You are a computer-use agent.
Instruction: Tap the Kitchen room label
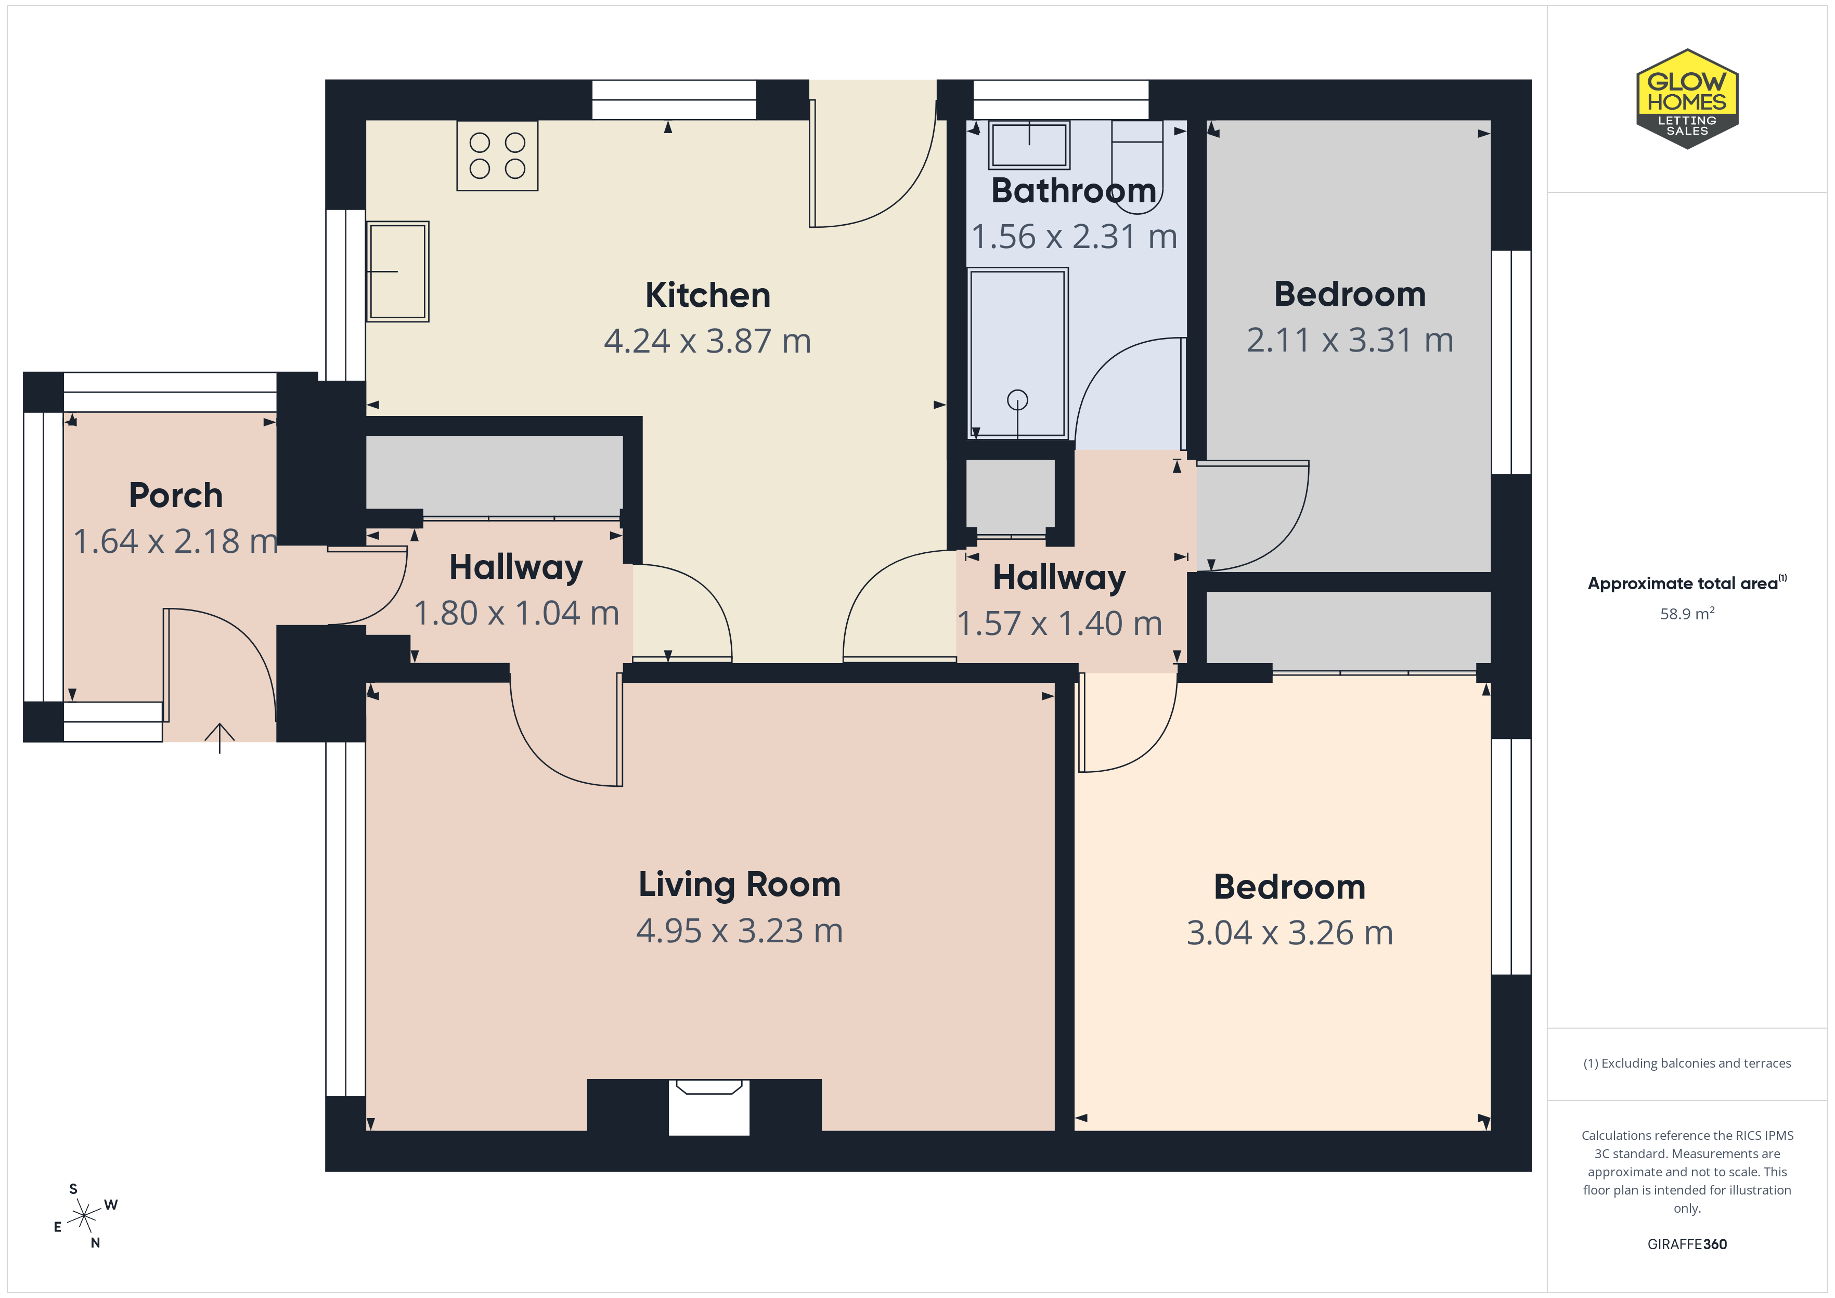click(x=708, y=295)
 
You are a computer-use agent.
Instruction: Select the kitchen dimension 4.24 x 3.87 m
click(x=708, y=341)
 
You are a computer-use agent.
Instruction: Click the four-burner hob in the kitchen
click(x=497, y=156)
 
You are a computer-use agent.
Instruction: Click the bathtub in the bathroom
click(x=1017, y=353)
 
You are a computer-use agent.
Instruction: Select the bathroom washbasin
click(x=1029, y=145)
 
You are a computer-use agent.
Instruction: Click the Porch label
click(x=176, y=496)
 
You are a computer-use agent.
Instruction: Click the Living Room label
click(x=739, y=885)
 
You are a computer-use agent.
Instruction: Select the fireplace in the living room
click(x=709, y=1107)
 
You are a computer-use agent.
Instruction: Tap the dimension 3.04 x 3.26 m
click(x=1290, y=933)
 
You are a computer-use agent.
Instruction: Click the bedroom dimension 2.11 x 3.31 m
click(x=1350, y=341)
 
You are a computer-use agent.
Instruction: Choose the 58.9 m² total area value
click(x=1687, y=613)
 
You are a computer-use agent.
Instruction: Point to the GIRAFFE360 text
click(x=1687, y=1244)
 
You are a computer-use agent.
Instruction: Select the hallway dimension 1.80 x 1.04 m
click(x=516, y=614)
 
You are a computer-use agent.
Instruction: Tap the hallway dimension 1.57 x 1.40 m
click(x=1060, y=624)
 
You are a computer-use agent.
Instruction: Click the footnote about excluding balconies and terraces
click(x=1687, y=1063)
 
